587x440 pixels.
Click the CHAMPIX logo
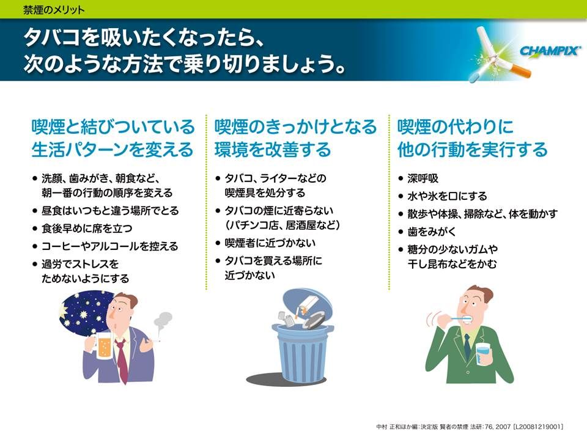point(550,51)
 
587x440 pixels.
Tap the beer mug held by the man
point(102,346)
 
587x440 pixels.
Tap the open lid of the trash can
point(308,304)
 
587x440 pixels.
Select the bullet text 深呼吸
point(423,178)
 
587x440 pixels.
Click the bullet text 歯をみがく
point(432,232)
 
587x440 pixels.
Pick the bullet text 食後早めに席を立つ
point(87,228)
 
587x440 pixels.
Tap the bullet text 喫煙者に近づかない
point(270,243)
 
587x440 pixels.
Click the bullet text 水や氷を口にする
point(448,196)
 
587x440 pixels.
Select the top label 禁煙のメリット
point(54,10)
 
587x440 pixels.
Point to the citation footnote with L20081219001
point(470,427)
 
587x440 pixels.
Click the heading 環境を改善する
point(273,149)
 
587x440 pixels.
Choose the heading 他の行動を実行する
point(473,149)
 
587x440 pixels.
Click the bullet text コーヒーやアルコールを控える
point(109,246)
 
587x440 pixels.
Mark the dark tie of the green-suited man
point(467,346)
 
